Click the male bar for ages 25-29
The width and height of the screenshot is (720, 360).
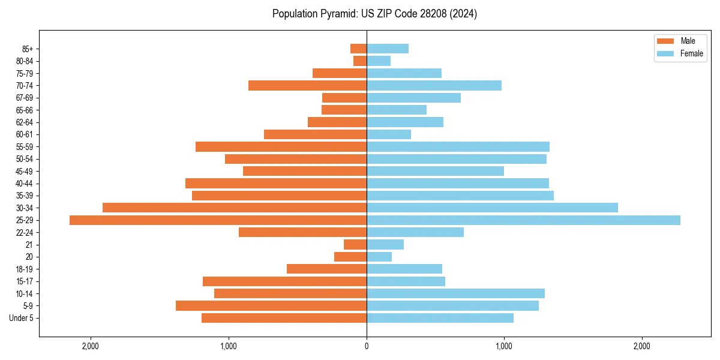coord(218,220)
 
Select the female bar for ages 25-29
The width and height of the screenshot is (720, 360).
coord(523,220)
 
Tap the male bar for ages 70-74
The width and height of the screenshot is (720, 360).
coord(307,86)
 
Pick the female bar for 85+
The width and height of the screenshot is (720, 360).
coord(388,49)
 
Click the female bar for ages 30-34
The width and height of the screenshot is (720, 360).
coord(492,208)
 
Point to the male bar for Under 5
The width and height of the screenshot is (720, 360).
coord(284,318)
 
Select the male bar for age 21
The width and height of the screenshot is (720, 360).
coord(355,245)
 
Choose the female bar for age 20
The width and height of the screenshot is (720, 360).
coord(379,257)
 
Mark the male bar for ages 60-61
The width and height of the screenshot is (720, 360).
coord(315,134)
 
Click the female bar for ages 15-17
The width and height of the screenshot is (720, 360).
coord(406,281)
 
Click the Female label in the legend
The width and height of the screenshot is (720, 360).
coord(692,53)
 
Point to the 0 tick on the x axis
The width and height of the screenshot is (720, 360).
coord(367,347)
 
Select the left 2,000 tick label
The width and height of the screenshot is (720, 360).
coord(91,347)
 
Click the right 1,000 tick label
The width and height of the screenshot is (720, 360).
coord(504,347)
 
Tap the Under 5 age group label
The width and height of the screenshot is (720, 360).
coord(22,318)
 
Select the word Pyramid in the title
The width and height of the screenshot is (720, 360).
coord(337,14)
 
